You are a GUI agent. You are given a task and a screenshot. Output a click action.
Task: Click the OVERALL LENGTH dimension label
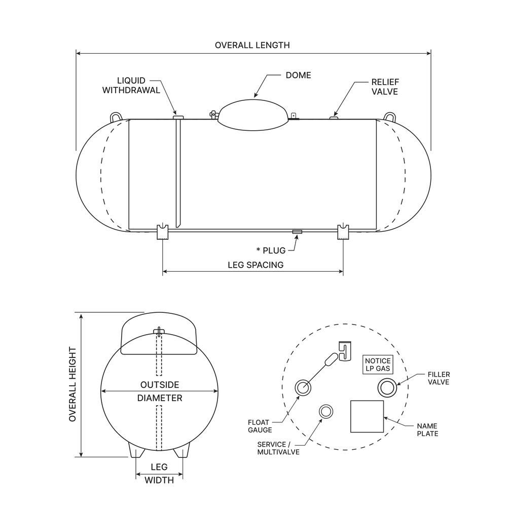click(252, 45)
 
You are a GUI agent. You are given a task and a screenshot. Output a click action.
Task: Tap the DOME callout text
click(298, 75)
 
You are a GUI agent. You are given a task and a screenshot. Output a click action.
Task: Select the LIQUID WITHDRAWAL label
click(131, 86)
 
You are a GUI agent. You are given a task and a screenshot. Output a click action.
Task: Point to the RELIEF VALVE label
click(385, 87)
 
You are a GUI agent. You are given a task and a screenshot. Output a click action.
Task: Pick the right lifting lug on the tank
click(389, 116)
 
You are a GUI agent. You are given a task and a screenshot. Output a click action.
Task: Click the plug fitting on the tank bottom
click(297, 232)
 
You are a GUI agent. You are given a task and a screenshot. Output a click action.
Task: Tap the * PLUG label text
click(271, 250)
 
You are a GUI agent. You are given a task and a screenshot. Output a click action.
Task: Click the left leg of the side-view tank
click(162, 232)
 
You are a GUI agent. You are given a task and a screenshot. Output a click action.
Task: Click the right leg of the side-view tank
click(343, 232)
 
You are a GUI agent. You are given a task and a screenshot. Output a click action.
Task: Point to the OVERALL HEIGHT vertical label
click(72, 384)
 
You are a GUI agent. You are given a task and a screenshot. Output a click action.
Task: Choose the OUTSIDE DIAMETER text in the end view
click(160, 391)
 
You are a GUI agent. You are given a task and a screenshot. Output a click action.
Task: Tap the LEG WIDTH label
click(160, 473)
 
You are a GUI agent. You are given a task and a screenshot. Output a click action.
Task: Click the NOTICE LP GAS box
click(378, 364)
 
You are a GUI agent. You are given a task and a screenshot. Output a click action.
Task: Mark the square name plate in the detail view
click(368, 416)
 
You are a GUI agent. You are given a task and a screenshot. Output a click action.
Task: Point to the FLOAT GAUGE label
click(260, 426)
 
